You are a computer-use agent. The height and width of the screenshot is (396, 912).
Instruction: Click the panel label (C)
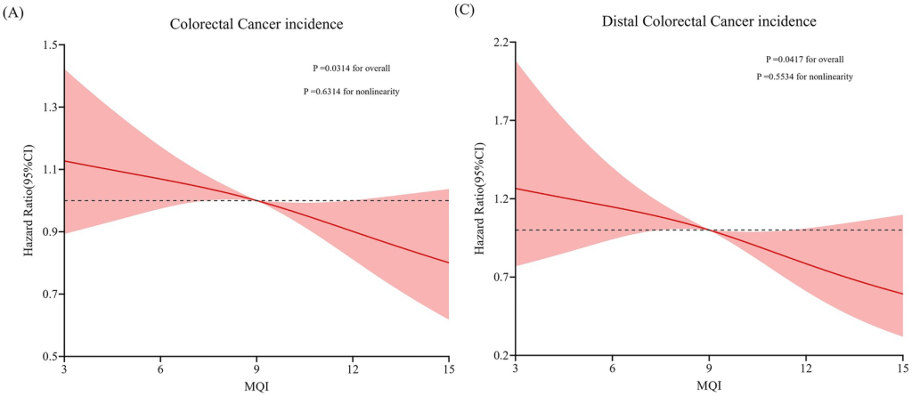point(464,11)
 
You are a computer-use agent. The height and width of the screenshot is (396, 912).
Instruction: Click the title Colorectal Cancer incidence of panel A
point(256,24)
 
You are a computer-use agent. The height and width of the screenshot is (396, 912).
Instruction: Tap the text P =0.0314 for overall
point(351,68)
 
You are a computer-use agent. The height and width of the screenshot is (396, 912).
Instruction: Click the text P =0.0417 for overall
point(804,59)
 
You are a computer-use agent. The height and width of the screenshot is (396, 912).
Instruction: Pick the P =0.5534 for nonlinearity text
point(804,77)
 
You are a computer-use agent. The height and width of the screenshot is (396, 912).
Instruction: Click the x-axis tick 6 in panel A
point(160,369)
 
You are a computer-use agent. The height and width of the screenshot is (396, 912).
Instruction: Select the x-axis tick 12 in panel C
point(806,369)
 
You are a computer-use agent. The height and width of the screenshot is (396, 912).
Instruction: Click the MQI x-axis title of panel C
point(709,385)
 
